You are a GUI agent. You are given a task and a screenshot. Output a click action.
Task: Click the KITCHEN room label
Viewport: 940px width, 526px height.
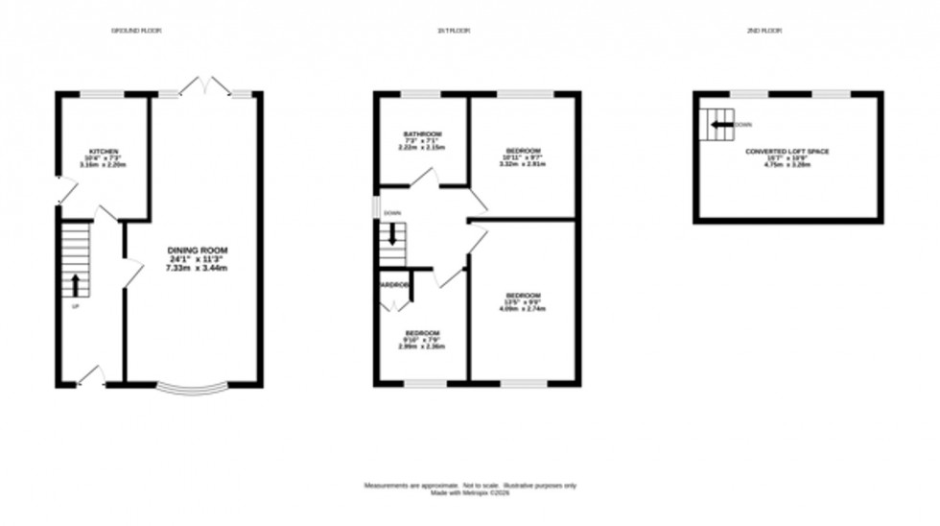104,152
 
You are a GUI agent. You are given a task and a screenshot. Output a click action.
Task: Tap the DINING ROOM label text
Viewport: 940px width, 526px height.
196,251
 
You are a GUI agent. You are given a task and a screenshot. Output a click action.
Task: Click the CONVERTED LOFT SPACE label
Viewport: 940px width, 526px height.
787,152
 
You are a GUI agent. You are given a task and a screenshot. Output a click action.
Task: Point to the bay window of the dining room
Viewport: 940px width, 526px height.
193,388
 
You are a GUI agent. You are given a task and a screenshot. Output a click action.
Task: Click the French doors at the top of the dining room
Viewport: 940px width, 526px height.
204,87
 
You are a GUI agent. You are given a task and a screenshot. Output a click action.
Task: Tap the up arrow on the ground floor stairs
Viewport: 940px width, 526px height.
76,284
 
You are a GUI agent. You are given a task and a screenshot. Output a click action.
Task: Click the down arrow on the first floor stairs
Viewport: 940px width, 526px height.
391,234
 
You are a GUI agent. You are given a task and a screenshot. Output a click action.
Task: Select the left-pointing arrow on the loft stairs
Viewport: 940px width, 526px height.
720,124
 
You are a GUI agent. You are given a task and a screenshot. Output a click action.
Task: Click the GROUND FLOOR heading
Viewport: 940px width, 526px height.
137,32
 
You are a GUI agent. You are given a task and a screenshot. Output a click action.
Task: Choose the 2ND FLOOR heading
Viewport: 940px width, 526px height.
764,32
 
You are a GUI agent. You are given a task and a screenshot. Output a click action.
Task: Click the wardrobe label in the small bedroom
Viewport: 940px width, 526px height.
394,286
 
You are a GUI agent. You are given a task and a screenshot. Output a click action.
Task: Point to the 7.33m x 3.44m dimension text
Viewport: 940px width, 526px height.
196,268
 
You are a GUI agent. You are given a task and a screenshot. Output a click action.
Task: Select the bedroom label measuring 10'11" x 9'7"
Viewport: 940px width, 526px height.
522,151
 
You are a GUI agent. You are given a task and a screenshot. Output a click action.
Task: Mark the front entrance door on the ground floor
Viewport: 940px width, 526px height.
91,377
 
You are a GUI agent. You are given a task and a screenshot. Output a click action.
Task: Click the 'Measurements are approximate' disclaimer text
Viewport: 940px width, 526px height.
469,487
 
